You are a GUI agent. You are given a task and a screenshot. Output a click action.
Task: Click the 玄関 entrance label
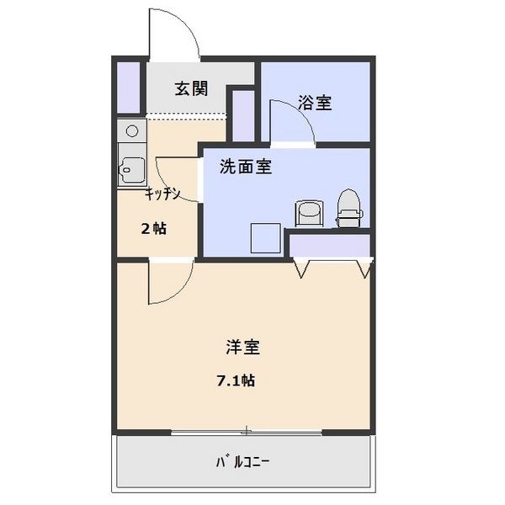click(x=191, y=89)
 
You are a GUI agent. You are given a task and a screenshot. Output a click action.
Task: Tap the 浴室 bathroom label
click(x=315, y=103)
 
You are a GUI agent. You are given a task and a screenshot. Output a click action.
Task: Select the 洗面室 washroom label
click(x=245, y=166)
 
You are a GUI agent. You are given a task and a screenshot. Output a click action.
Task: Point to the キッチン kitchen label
click(x=162, y=194)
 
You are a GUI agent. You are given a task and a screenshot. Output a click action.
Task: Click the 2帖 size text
click(x=152, y=228)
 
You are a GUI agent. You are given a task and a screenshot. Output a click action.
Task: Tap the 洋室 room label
click(x=242, y=345)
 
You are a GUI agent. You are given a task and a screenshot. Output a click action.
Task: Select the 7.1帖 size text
click(x=236, y=380)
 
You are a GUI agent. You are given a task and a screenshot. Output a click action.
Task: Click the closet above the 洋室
click(x=330, y=245)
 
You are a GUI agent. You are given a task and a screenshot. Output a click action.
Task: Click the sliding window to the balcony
click(x=246, y=433)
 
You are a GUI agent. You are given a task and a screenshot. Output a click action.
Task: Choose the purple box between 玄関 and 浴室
click(x=242, y=114)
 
